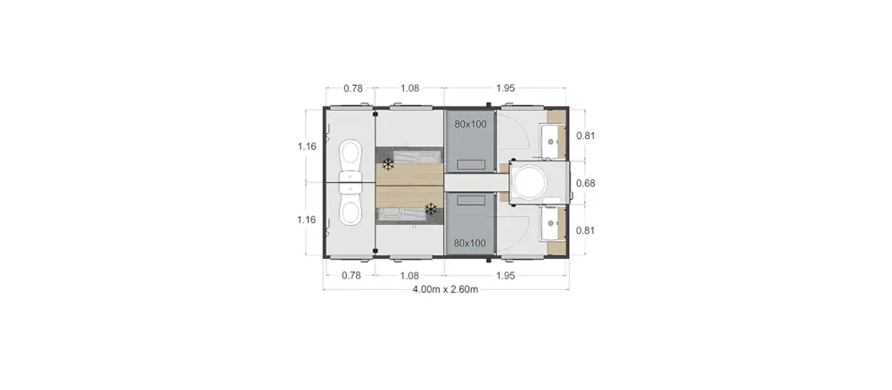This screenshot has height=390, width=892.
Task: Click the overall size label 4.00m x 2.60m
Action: pos(445,289)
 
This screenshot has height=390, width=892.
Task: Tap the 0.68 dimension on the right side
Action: pos(586,183)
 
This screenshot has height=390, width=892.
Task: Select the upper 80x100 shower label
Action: pos(470,124)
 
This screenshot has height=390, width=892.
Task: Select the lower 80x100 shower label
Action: pos(470,243)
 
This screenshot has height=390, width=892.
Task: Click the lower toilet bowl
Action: pos(351,209)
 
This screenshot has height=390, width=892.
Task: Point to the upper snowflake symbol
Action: pos(388,164)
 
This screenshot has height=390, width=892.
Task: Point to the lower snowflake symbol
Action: pos(431,209)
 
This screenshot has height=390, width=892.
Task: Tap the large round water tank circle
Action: pos(530,182)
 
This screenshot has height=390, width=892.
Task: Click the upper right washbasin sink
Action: pos(551,141)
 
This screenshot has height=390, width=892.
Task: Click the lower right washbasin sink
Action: pos(551,224)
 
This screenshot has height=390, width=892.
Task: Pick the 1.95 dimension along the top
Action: pos(505,88)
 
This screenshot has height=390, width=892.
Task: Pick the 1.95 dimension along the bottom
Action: pos(505,276)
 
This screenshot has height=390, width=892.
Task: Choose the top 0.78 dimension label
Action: pos(353,88)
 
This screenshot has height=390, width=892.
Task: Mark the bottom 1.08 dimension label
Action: pos(409,276)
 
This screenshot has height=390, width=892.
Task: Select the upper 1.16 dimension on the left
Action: pos(307,146)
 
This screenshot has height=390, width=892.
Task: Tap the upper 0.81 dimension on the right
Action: pos(586,136)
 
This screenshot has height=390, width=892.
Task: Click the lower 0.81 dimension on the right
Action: pos(586,230)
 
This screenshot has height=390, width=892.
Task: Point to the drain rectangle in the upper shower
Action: pos(472,165)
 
